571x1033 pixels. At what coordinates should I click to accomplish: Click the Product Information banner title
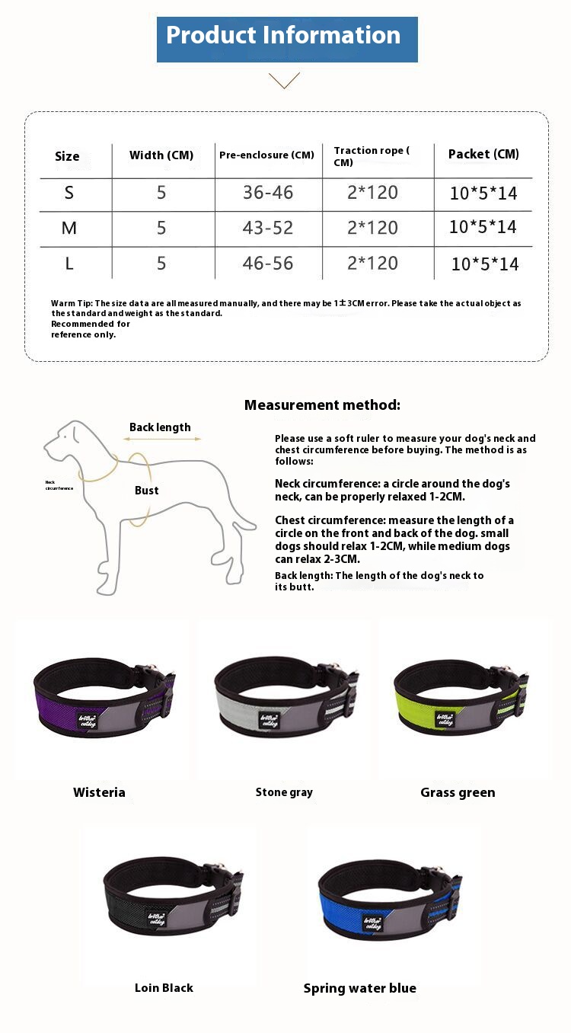click(x=283, y=36)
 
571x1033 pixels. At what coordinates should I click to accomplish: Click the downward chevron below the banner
click(x=284, y=80)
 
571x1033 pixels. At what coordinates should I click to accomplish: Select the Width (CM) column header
click(x=161, y=155)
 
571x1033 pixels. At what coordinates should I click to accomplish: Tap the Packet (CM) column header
click(x=483, y=154)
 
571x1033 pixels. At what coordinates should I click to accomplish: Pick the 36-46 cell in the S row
click(x=268, y=193)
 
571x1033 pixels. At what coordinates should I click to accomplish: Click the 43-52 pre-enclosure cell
click(x=268, y=228)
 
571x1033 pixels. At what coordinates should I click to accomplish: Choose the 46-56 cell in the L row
click(x=268, y=264)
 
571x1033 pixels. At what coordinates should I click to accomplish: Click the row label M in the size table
click(x=69, y=228)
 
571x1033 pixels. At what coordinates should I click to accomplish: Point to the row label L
click(x=69, y=264)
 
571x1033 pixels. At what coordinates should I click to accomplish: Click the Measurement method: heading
click(x=322, y=405)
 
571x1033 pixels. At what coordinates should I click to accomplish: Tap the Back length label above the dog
click(x=160, y=427)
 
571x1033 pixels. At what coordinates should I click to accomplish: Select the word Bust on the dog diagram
click(x=147, y=491)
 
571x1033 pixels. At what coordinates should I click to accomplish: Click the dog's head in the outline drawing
click(x=67, y=441)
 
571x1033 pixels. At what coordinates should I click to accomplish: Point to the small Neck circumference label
click(x=59, y=485)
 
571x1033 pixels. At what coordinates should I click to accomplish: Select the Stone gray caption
click(x=284, y=792)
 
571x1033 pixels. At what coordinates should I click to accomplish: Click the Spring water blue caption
click(x=359, y=989)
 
